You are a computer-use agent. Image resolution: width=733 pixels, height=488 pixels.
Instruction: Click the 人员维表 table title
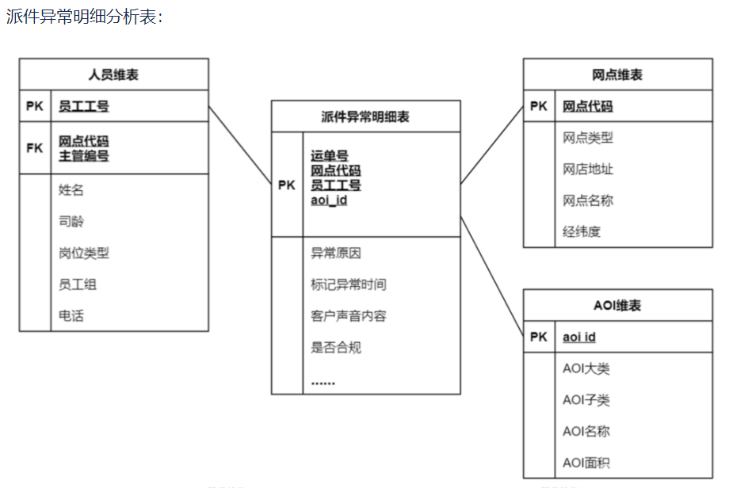click(113, 74)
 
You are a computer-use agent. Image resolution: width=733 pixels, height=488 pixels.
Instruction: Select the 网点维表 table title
click(617, 74)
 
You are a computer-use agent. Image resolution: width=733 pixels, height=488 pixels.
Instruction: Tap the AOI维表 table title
click(617, 306)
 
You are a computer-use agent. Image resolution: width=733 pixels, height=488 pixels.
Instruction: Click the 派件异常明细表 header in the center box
click(365, 116)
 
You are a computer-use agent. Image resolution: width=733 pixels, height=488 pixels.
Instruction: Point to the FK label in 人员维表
click(35, 148)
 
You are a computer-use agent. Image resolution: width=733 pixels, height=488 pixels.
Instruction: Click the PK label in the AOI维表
click(539, 337)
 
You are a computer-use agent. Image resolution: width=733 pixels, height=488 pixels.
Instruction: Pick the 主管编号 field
click(84, 155)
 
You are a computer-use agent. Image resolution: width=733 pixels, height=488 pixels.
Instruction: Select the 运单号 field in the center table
click(330, 155)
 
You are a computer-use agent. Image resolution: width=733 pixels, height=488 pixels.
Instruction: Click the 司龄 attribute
click(71, 221)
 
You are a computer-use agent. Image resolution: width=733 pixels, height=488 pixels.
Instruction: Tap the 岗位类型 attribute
click(84, 253)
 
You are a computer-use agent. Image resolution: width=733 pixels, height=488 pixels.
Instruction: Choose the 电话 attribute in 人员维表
click(71, 315)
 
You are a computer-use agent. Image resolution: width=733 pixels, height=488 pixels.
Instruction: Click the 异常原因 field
click(336, 253)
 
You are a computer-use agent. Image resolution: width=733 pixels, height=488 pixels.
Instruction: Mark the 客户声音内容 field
click(349, 316)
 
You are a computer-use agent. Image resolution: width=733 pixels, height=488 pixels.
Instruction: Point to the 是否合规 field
click(336, 347)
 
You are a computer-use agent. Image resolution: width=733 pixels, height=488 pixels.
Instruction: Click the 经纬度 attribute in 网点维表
click(582, 231)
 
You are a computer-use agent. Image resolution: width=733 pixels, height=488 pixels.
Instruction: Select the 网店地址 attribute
click(588, 169)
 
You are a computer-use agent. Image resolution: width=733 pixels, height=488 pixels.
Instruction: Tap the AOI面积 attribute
click(586, 463)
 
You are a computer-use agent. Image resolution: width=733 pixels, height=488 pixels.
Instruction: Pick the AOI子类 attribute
click(586, 400)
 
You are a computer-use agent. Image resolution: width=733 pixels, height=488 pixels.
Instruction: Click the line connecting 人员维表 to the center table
click(240, 145)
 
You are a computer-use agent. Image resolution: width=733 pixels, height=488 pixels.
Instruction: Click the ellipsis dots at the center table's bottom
click(323, 383)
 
